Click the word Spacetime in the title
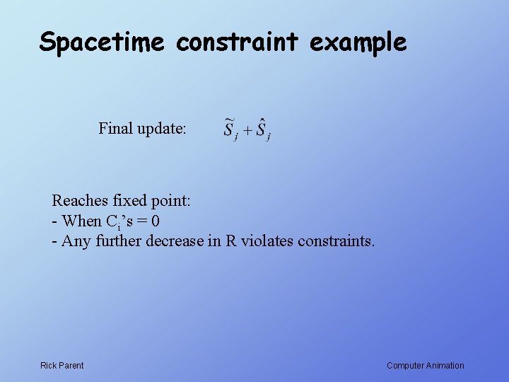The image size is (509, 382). (x=102, y=42)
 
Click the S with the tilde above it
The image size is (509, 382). (x=229, y=129)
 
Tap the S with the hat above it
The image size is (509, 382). (x=262, y=129)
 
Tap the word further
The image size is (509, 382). (x=117, y=241)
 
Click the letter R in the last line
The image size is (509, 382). (x=231, y=241)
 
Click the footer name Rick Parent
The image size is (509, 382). (x=62, y=366)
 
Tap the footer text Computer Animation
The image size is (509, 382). (x=426, y=366)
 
